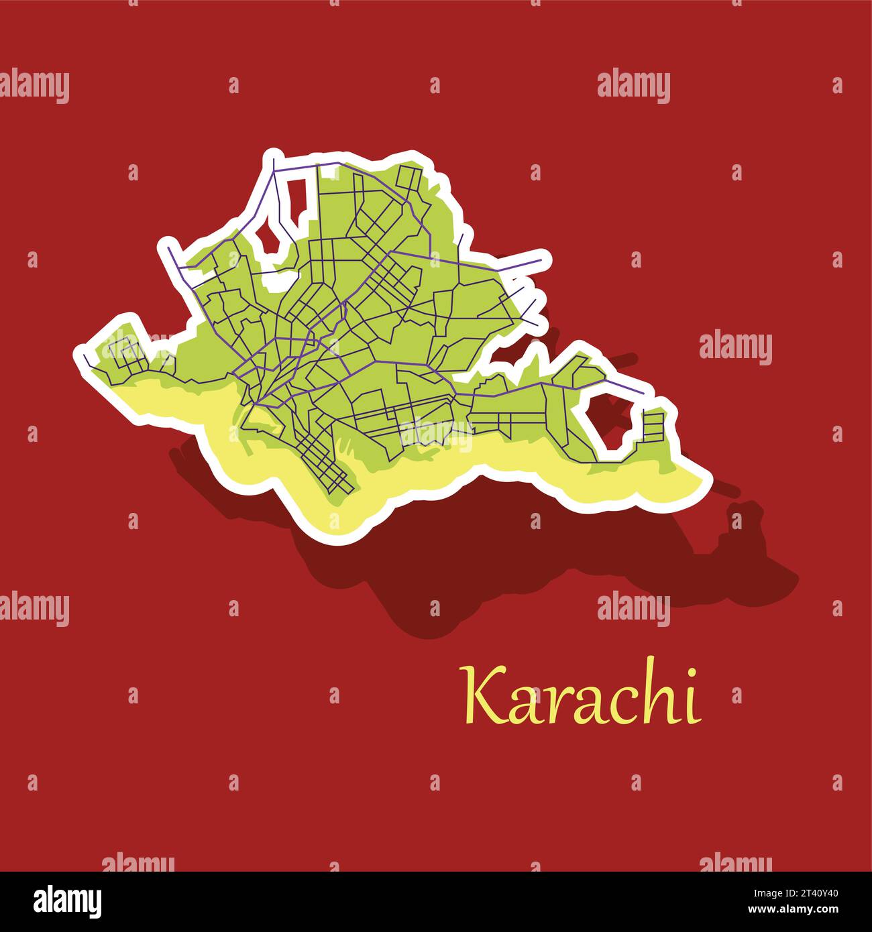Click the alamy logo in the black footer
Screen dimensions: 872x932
coord(68,900)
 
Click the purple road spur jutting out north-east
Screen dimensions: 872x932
coord(523,261)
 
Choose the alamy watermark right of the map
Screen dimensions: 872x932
coord(735,349)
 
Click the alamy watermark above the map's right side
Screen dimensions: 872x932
coord(633,87)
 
